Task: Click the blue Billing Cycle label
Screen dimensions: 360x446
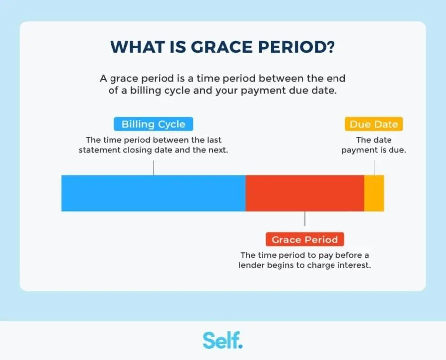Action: [153, 124]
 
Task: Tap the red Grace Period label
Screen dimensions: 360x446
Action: [304, 240]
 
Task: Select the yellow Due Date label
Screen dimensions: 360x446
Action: [374, 124]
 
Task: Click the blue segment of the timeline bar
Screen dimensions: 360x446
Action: [153, 193]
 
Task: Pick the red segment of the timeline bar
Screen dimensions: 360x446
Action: [304, 193]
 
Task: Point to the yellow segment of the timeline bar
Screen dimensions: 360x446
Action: [374, 193]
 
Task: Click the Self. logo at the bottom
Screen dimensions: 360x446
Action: [223, 340]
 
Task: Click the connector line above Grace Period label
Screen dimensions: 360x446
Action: [304, 219]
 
